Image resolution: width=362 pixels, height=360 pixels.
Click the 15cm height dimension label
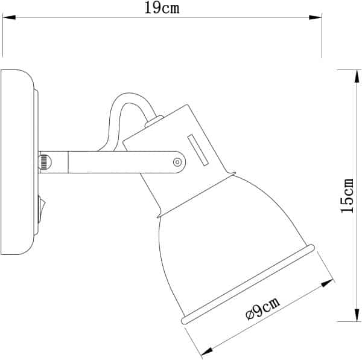pyautogui.click(x=347, y=194)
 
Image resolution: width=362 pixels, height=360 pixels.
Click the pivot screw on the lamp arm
pyautogui.click(x=177, y=162)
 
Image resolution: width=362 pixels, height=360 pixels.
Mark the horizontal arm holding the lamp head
pyautogui.click(x=121, y=162)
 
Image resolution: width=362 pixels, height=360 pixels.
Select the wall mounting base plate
pyautogui.click(x=16, y=163)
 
